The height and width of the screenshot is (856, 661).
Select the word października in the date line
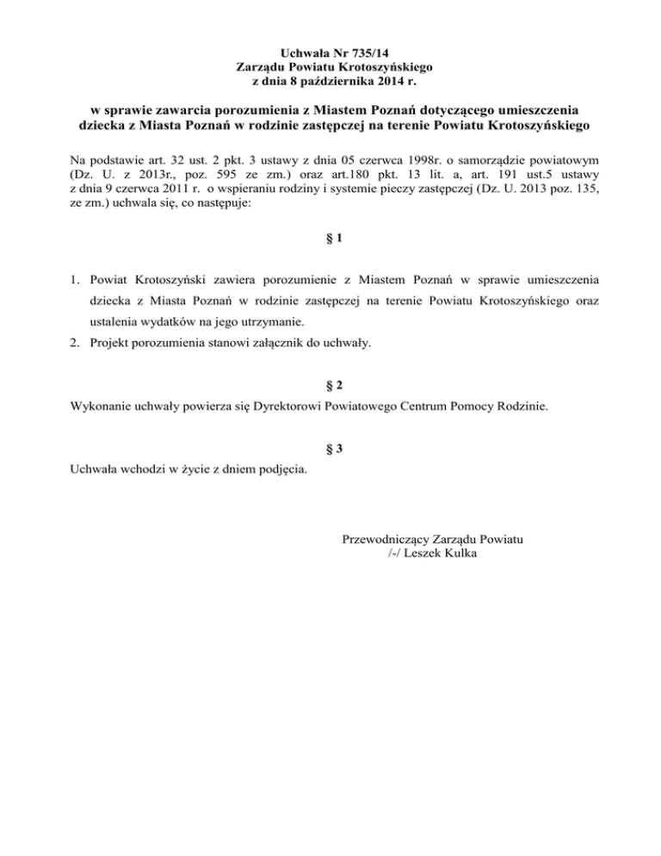click(332, 82)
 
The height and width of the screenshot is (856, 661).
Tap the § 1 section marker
click(331, 242)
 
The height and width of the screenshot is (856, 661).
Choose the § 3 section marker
click(331, 447)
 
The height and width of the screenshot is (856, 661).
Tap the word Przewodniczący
click(386, 539)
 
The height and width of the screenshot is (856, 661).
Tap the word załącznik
click(271, 344)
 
